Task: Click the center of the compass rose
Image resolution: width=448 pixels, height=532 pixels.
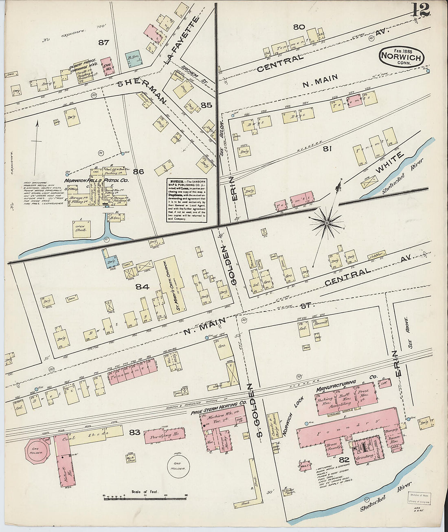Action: click(327, 223)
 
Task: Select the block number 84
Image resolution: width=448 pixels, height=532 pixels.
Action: click(142, 287)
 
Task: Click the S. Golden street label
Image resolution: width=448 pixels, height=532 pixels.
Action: click(253, 413)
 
